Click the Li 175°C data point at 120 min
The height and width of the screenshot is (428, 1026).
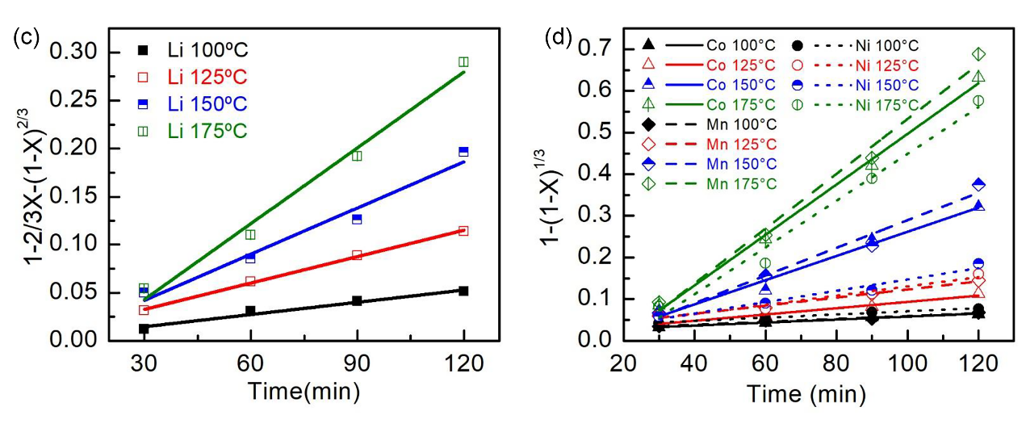[463, 62]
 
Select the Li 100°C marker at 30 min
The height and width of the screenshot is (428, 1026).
[144, 329]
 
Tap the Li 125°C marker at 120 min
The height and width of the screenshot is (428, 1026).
[463, 231]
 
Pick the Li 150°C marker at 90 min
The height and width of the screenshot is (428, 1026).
[357, 219]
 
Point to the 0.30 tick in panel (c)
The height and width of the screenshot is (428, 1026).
[84, 52]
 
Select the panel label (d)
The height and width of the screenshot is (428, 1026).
[559, 37]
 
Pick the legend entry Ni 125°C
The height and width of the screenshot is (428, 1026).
[880, 65]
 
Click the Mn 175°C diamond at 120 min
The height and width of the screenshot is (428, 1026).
[978, 54]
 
